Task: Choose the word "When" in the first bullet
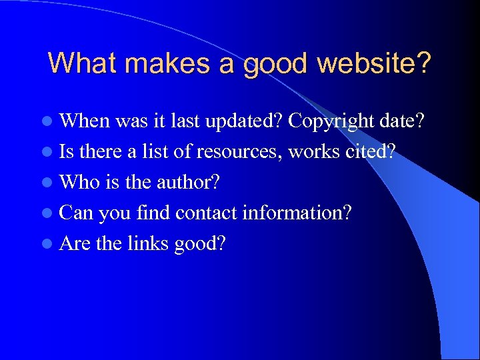[85, 121]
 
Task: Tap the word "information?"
[297, 213]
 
